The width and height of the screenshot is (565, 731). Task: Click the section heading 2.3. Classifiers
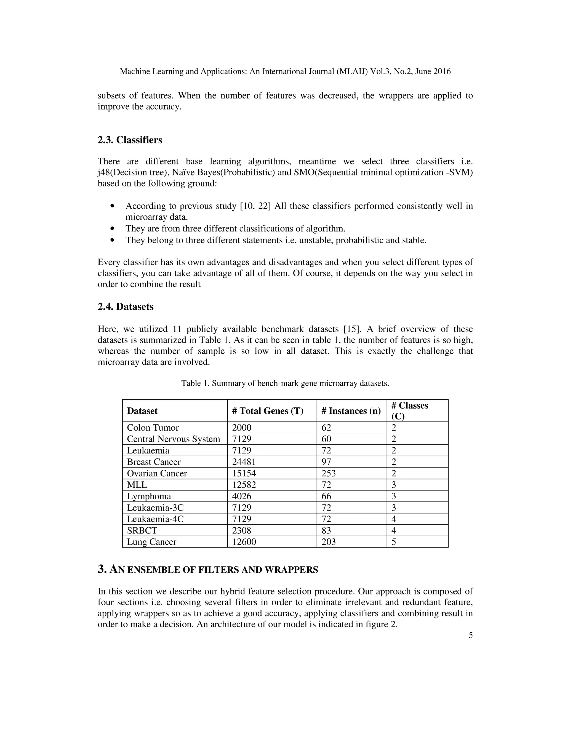(130, 140)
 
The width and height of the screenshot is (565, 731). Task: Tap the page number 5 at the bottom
(470, 636)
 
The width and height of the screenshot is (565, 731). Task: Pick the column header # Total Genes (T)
(267, 411)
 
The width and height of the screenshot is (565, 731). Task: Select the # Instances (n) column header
(351, 411)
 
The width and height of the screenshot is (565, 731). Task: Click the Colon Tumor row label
(153, 428)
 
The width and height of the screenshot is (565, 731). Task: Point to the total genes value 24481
(244, 462)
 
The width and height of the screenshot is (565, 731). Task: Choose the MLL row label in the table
(137, 485)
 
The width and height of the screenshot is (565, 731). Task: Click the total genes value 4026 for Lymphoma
(241, 496)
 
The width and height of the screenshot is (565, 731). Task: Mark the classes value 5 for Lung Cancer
(394, 542)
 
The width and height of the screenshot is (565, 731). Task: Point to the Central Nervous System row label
(173, 439)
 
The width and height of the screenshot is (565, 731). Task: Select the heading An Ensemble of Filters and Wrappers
(208, 570)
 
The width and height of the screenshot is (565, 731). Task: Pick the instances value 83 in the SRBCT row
(326, 530)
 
